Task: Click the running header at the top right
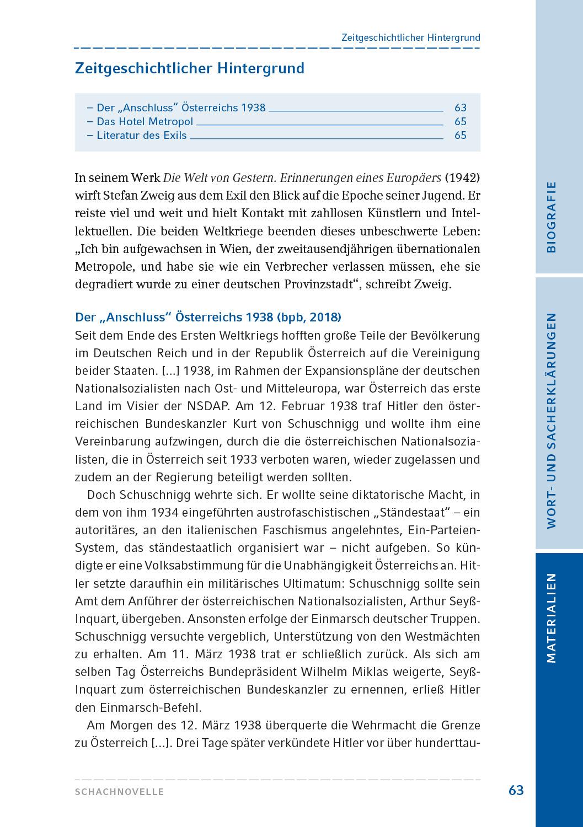point(410,37)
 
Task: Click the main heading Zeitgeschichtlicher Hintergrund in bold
point(189,68)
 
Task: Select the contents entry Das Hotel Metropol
point(145,122)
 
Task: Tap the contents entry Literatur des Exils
point(141,136)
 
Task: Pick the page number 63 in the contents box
point(460,108)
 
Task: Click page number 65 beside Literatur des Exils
point(460,136)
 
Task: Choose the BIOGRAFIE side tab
point(552,217)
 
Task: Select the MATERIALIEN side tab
point(552,617)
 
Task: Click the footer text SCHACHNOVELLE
point(120,792)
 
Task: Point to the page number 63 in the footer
point(516,790)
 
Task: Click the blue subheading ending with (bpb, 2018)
point(208,317)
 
